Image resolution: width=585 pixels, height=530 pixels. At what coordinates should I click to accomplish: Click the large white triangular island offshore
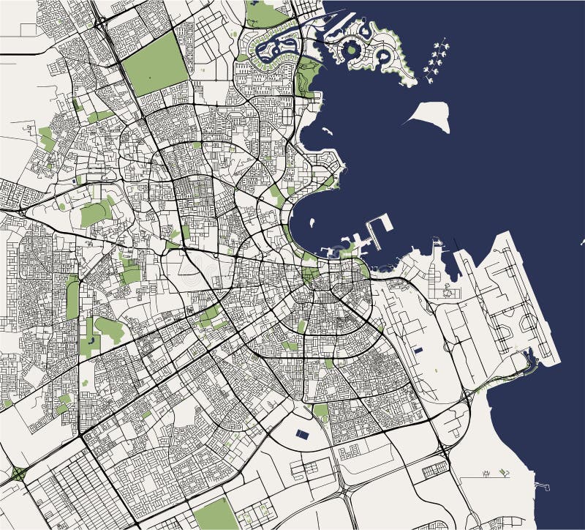[430, 116]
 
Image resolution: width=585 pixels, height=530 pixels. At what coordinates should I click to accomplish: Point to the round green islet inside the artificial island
[352, 50]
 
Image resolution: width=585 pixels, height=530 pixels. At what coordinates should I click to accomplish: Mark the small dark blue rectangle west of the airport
[418, 350]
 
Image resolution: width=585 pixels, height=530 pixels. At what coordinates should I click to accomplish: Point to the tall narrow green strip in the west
[72, 296]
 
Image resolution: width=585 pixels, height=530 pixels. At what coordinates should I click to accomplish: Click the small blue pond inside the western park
[91, 340]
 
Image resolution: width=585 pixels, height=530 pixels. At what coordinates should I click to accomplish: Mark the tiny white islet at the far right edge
[582, 241]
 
